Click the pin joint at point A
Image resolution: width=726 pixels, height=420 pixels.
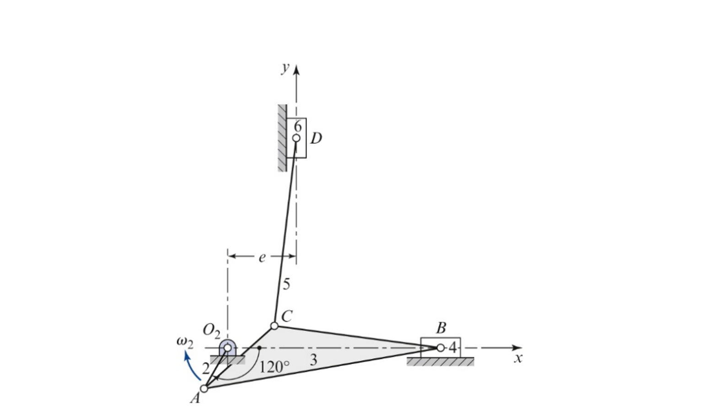(204, 388)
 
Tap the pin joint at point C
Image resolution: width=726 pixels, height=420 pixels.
(274, 326)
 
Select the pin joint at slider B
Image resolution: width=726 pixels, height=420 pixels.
(440, 348)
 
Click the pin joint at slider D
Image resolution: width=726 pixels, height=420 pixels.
(296, 138)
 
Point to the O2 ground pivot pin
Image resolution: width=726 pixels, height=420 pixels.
(227, 348)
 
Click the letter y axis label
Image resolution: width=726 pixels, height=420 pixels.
(285, 68)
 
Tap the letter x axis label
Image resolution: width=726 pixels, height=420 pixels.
(517, 358)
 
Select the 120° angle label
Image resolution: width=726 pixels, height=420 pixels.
(274, 367)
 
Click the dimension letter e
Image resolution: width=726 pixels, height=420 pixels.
(262, 258)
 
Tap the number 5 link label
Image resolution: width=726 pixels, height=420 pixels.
(286, 284)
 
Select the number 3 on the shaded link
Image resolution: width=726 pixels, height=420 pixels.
(313, 360)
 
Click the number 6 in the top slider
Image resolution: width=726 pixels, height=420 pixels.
(298, 125)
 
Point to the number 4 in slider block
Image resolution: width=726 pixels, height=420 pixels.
(452, 348)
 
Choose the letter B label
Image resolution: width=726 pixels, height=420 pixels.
(441, 328)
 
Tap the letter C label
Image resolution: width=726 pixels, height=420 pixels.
(287, 316)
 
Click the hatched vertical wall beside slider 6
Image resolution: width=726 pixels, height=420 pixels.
(282, 138)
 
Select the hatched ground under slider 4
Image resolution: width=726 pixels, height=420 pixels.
(440, 361)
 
